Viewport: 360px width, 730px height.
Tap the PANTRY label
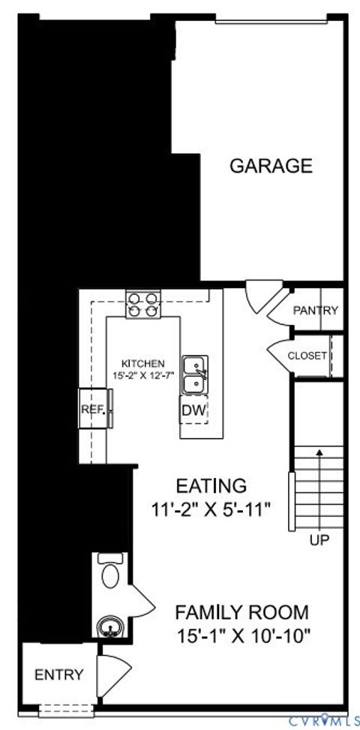click(x=316, y=311)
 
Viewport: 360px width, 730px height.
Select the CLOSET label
click(x=307, y=356)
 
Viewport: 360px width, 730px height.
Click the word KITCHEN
click(x=142, y=362)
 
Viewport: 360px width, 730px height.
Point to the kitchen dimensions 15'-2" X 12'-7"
click(x=144, y=374)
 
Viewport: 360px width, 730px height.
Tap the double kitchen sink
click(x=195, y=374)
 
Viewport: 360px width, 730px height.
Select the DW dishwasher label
click(x=192, y=410)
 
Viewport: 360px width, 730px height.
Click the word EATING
click(x=210, y=485)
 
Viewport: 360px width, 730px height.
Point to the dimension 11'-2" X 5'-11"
click(x=210, y=509)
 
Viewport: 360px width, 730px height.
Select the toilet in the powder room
click(x=110, y=574)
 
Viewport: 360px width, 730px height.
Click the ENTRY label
click(x=59, y=674)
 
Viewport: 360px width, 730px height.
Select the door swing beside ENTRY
click(x=114, y=673)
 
